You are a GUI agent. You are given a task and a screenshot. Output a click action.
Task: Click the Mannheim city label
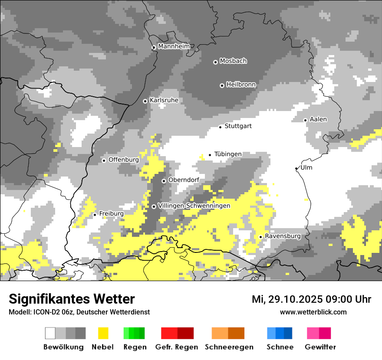174,46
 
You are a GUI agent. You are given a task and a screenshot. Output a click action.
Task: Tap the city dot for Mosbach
215,62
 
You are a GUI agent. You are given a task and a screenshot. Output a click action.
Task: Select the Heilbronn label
241,85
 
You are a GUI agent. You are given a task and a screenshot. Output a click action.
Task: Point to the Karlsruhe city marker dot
145,101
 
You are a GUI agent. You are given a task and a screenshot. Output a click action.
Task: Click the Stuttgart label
238,126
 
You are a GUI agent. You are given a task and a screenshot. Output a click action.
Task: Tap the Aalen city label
318,119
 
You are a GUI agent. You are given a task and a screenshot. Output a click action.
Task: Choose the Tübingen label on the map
228,154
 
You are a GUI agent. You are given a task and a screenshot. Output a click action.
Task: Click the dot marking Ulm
296,168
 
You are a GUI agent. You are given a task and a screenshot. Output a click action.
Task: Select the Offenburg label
123,160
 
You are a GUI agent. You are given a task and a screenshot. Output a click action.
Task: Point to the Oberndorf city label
184,180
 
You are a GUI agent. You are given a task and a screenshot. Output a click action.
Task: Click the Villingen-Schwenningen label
194,206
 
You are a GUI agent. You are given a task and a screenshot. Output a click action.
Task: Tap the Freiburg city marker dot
95,215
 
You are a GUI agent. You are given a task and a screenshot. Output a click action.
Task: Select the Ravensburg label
283,236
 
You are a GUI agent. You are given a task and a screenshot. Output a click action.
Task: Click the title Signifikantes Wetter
72,299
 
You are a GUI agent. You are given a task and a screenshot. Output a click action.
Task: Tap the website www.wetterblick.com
313,312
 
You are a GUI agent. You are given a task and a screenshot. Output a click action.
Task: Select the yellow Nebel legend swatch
103,333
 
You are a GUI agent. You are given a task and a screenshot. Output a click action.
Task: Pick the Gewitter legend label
320,347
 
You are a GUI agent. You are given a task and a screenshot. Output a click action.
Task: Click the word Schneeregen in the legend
229,347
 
